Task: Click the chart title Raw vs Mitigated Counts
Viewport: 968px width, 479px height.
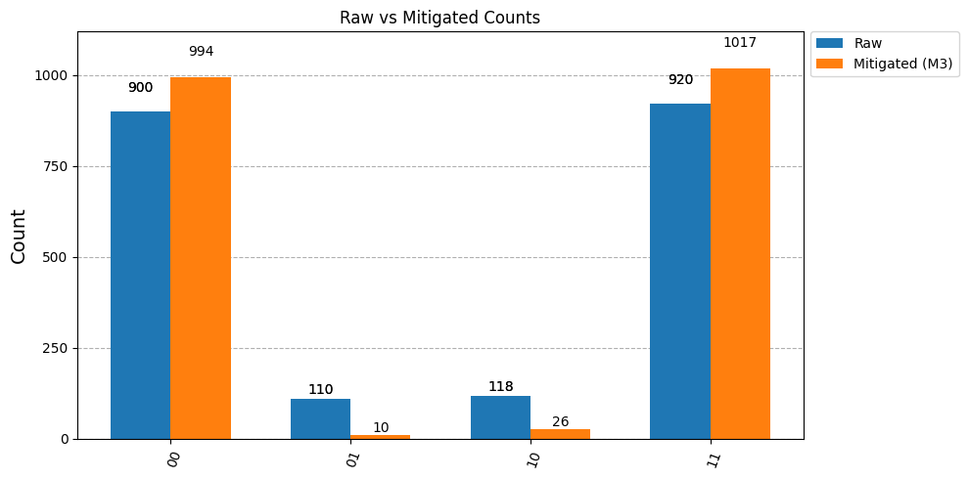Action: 439,18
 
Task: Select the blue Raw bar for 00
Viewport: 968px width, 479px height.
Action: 141,275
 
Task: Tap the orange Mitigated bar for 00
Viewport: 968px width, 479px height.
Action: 201,258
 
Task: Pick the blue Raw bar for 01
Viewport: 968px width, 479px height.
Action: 320,419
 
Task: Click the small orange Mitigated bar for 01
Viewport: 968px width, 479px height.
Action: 381,437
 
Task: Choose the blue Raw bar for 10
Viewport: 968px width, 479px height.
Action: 501,418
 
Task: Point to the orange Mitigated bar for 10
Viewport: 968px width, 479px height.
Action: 561,434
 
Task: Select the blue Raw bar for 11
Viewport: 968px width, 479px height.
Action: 680,272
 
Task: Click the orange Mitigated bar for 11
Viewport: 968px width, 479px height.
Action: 740,254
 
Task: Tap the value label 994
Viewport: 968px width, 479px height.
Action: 202,52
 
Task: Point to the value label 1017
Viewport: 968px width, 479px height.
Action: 740,43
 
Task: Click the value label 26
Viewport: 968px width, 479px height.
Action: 561,422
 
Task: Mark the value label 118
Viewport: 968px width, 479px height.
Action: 501,387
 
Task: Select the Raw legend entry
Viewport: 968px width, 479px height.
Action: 849,43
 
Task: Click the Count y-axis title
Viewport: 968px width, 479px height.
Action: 19,237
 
